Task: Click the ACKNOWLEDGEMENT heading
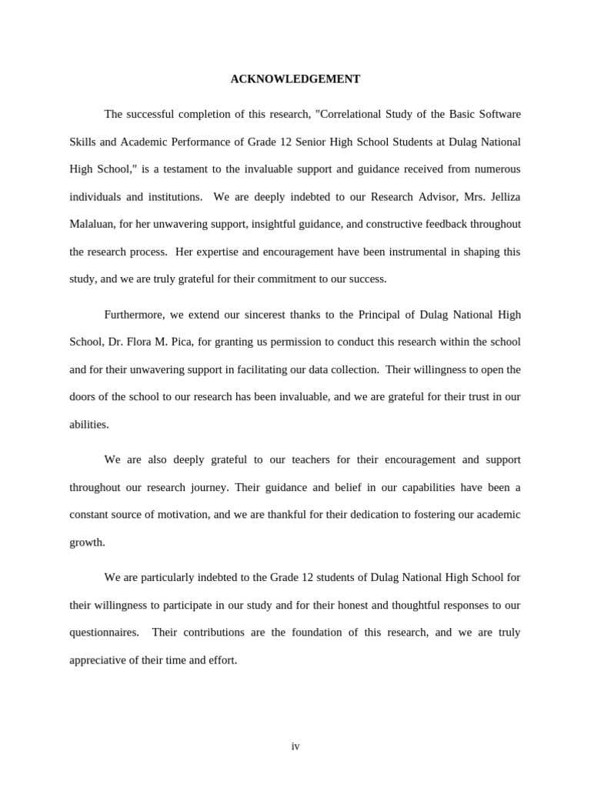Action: (x=295, y=79)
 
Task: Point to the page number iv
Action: (x=295, y=746)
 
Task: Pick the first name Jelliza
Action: (x=502, y=197)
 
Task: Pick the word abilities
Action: (x=88, y=425)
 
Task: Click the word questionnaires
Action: (x=104, y=633)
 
